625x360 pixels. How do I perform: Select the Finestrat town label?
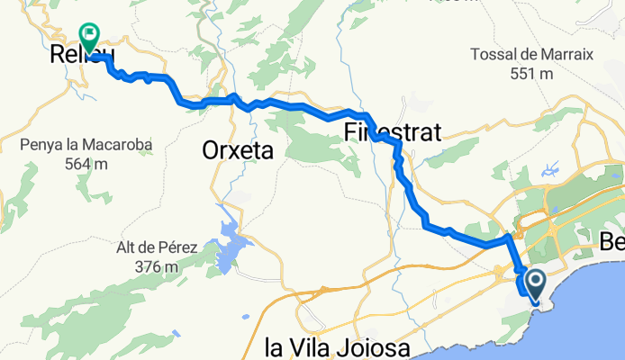[x=392, y=133]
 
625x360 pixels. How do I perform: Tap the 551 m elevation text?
[x=531, y=74]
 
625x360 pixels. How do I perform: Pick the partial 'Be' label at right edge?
[x=611, y=242]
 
